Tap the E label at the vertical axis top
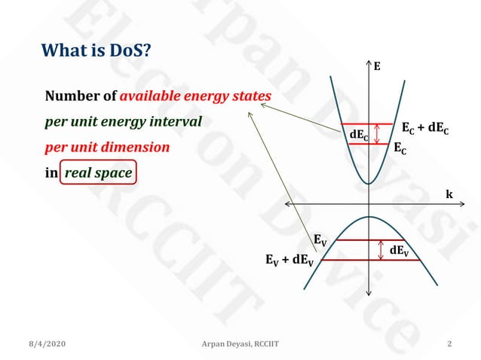[x=377, y=66]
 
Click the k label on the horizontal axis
[x=449, y=194]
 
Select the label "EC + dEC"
[x=425, y=128]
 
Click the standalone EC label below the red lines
[x=400, y=149]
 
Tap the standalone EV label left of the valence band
[x=320, y=240]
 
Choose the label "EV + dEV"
[x=290, y=261]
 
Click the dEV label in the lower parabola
[x=399, y=250]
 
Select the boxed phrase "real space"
[x=99, y=172]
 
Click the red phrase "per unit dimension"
[x=107, y=147]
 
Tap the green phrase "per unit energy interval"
[x=124, y=121]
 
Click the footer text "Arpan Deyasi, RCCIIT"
[x=240, y=344]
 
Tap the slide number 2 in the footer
[x=449, y=344]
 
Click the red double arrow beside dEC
[x=376, y=134]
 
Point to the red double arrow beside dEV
[x=380, y=250]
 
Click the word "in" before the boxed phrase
[x=51, y=172]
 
